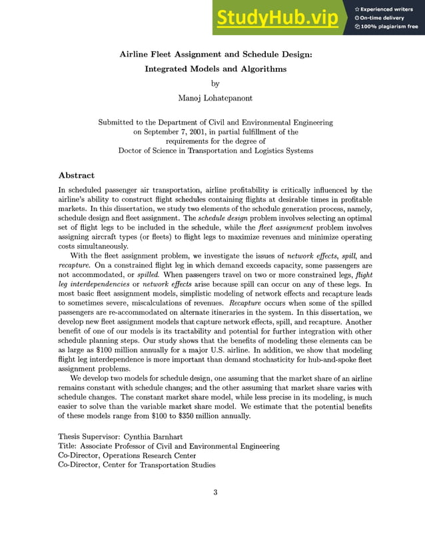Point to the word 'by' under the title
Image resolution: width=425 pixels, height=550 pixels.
[x=214, y=83]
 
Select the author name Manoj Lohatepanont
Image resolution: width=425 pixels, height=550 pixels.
[x=214, y=98]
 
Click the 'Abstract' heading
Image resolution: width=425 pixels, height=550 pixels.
[x=77, y=175]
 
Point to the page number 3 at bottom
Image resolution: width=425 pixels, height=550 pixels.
[x=215, y=493]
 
